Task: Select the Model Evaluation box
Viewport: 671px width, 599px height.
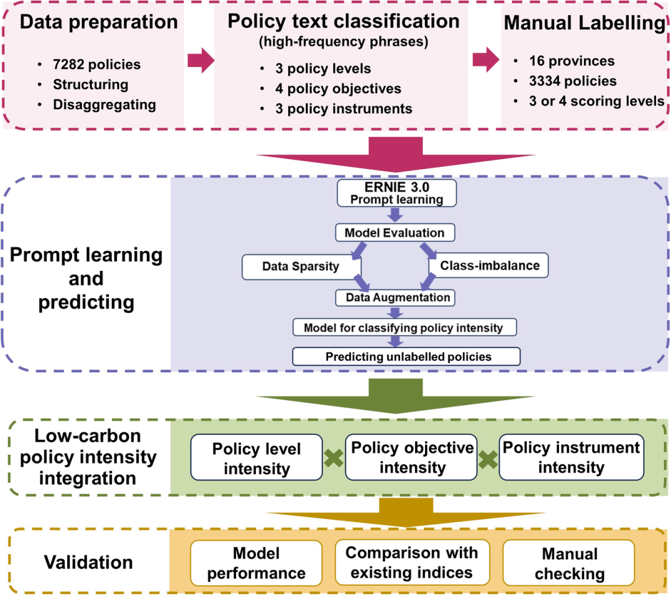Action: [394, 233]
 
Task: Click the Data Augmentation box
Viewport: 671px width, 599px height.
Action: [394, 297]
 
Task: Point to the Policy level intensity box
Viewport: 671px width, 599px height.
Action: [257, 457]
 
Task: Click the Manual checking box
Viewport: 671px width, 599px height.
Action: [569, 563]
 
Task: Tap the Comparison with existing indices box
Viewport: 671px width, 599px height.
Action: [412, 562]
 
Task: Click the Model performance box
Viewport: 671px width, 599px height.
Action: [256, 563]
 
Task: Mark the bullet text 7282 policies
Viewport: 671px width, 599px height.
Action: [97, 64]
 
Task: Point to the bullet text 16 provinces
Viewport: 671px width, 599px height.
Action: [572, 61]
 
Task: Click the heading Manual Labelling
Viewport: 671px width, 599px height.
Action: [584, 24]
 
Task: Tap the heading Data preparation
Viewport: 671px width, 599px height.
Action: [98, 22]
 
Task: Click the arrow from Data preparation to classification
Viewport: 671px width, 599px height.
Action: [199, 60]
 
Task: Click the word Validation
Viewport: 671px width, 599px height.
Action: [88, 562]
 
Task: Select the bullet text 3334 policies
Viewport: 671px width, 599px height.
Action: [573, 81]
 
